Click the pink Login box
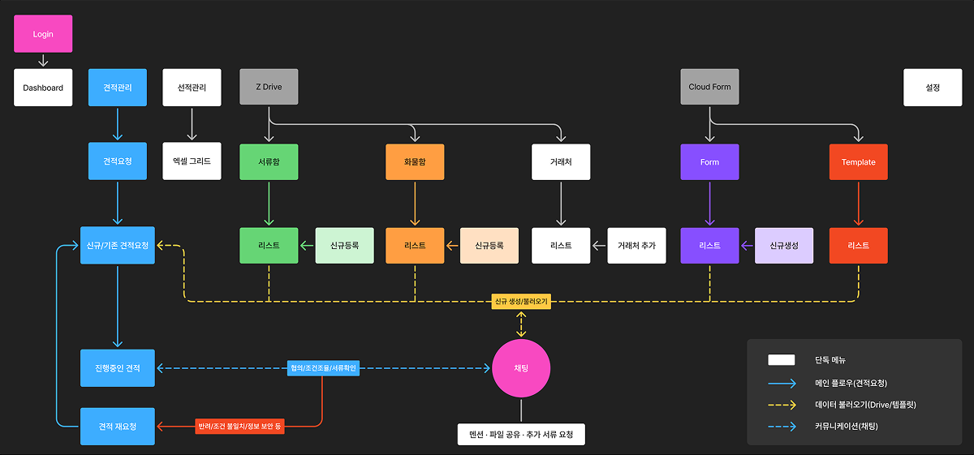43,34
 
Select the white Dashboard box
43,88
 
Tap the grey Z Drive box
269,87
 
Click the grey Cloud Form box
709,87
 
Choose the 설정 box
932,88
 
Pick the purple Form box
709,161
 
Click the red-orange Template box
858,161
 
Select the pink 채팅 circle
521,368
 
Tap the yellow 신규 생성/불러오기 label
521,301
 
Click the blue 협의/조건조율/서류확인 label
323,368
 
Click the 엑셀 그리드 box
192,161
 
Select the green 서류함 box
269,161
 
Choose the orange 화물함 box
415,161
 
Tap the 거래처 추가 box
636,245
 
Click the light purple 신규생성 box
784,245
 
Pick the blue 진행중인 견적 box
118,368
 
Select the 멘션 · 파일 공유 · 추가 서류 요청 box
521,434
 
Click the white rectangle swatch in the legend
781,360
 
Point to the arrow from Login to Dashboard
43,61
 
